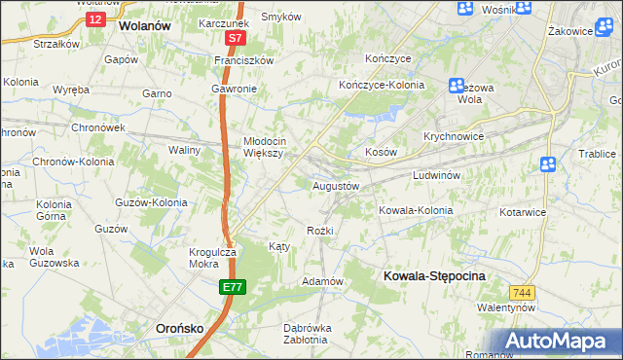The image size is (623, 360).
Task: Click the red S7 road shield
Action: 235,39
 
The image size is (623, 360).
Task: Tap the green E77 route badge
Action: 233,287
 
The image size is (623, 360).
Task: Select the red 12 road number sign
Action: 93,18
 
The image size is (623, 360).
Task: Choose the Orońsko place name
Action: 179,329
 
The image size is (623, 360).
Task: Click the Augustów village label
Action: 336,185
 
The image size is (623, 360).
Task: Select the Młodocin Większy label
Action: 262,146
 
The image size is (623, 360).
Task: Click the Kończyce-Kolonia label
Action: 382,85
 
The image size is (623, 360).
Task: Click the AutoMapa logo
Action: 561,342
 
